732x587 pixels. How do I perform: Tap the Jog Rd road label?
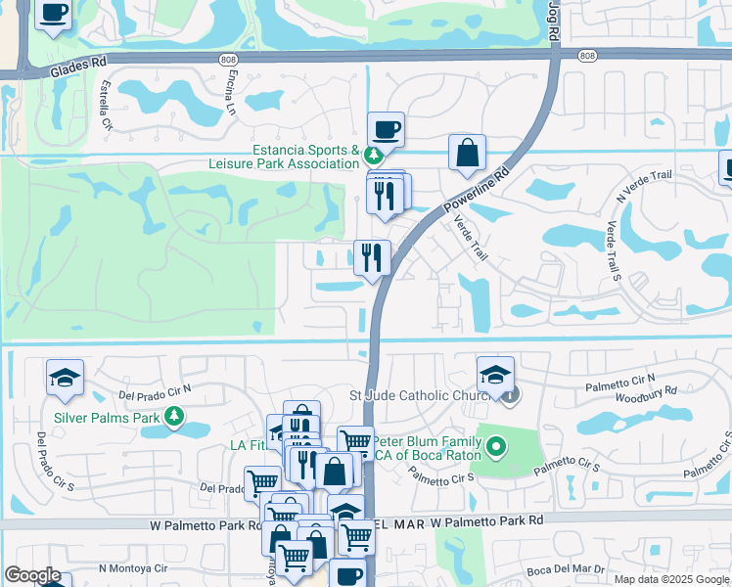click(x=553, y=22)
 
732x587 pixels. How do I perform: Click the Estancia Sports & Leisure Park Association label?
click(x=305, y=157)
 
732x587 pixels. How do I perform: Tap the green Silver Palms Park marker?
click(x=174, y=418)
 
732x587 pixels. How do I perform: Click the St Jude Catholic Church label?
click(x=421, y=395)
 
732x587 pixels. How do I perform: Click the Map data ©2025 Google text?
click(x=670, y=579)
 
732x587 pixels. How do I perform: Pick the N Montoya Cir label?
click(x=133, y=567)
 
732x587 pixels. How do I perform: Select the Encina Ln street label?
click(x=233, y=93)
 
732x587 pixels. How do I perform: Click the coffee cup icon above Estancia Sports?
click(x=386, y=128)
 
